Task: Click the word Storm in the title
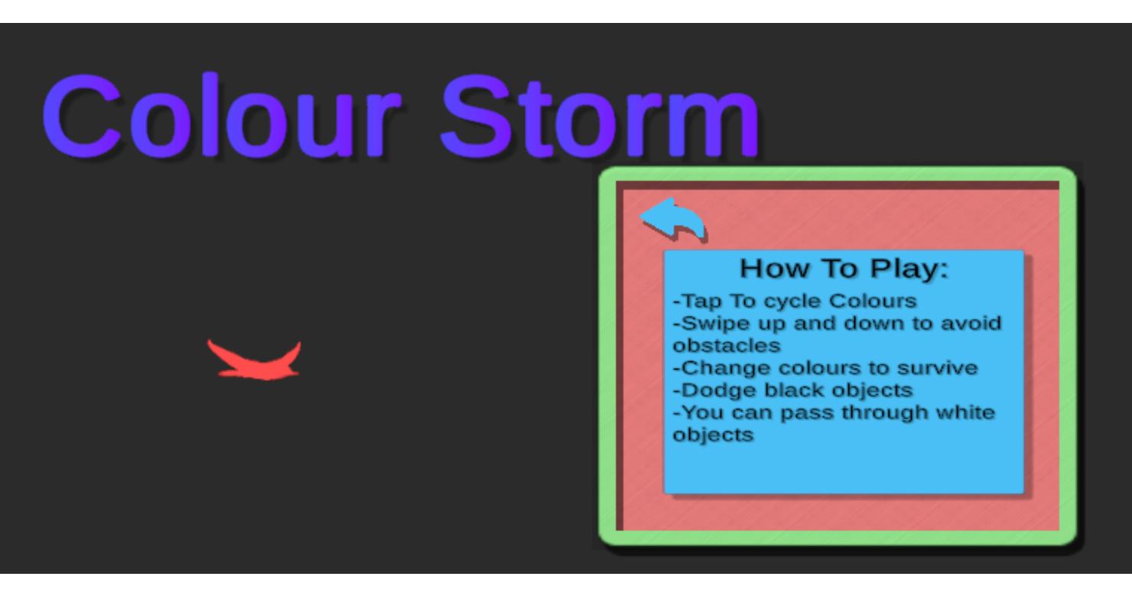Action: [x=600, y=116]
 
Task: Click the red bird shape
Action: [x=254, y=360]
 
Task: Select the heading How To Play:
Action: [x=844, y=269]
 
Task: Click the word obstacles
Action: [x=727, y=346]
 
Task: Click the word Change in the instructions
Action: [x=722, y=369]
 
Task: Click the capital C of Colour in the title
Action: [x=82, y=116]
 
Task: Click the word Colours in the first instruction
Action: [x=872, y=301]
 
